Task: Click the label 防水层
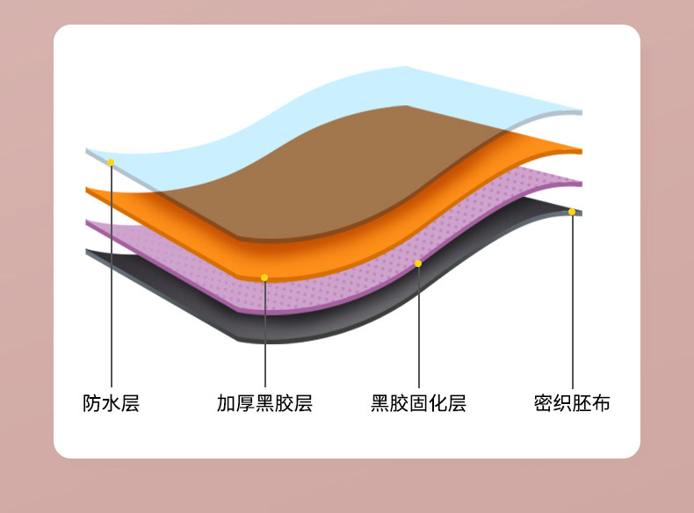(112, 404)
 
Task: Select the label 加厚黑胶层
(264, 404)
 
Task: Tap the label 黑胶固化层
(418, 404)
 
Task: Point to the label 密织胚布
(572, 404)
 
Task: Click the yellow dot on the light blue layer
(111, 163)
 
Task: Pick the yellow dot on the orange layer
(264, 278)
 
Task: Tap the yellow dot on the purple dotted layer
(418, 264)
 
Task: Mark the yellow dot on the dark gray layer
(572, 212)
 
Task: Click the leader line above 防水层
(112, 281)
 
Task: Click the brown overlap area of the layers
(351, 167)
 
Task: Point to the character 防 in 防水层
(92, 404)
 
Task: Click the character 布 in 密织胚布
(601, 404)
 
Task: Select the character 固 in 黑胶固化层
(418, 404)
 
